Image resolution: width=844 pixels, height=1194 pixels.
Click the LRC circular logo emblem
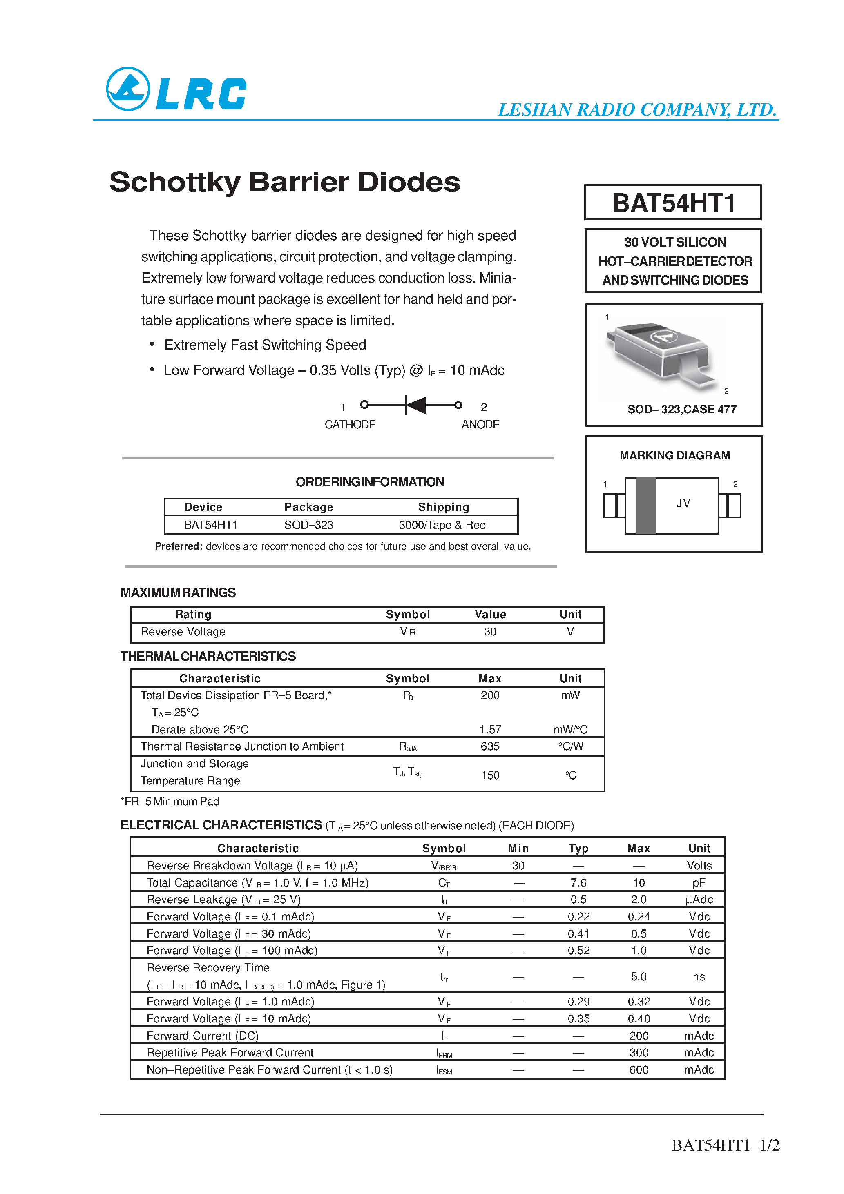[x=128, y=89]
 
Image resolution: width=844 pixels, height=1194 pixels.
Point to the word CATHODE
[x=350, y=424]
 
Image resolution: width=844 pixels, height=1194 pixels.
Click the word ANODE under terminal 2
[x=480, y=424]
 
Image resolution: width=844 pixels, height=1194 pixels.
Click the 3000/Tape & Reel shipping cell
[x=443, y=525]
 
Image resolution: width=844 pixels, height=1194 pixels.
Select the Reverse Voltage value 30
[x=490, y=631]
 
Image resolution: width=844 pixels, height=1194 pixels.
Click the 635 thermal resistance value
[x=490, y=746]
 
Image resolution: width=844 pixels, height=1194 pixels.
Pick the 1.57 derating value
[x=490, y=730]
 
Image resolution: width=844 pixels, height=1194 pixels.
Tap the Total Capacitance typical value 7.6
[x=578, y=882]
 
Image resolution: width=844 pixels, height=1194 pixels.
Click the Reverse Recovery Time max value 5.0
[x=639, y=977]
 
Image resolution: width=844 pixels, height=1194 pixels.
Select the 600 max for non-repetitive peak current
[x=639, y=1070]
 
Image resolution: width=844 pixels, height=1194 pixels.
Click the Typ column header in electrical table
[x=578, y=848]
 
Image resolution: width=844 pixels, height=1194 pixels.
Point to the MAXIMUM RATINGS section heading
[x=178, y=593]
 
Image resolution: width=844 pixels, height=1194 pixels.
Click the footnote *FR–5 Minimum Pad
[x=170, y=801]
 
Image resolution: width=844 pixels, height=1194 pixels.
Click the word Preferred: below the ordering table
[x=179, y=546]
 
